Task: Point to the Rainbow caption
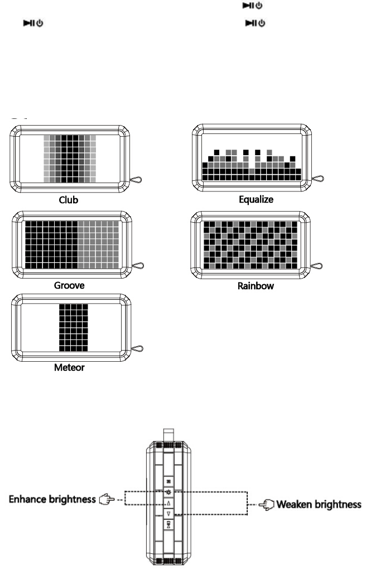(x=256, y=286)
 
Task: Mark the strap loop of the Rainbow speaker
(x=319, y=266)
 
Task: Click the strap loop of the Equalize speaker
(x=319, y=179)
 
